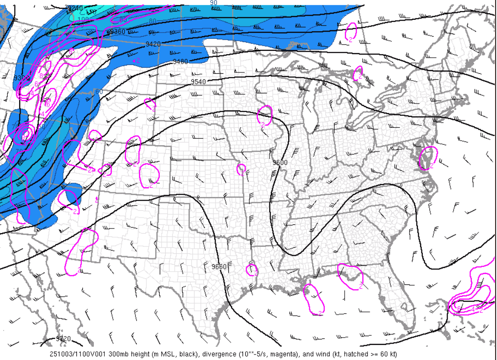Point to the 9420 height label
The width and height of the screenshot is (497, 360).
click(x=153, y=44)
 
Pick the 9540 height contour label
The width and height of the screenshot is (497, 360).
click(x=198, y=82)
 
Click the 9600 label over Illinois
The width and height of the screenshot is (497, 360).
click(x=280, y=163)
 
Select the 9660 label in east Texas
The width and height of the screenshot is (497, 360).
click(x=219, y=266)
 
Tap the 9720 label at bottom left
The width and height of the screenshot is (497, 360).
click(x=63, y=339)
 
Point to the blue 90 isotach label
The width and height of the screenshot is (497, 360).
click(x=213, y=3)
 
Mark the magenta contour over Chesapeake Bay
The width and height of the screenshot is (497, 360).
click(x=428, y=158)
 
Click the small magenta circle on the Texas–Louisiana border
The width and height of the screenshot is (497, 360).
click(x=252, y=270)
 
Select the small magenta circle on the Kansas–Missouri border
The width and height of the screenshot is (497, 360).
click(x=241, y=170)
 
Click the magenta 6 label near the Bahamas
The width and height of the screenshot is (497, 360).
click(x=459, y=308)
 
